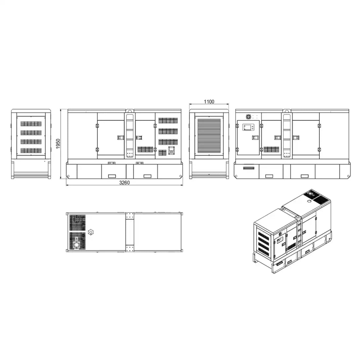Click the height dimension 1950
click(58, 144)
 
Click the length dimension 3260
click(124, 183)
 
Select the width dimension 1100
click(209, 101)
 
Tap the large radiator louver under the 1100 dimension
click(209, 136)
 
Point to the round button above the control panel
click(248, 117)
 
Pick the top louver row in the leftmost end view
click(31, 124)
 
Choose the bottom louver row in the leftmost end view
click(31, 151)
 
